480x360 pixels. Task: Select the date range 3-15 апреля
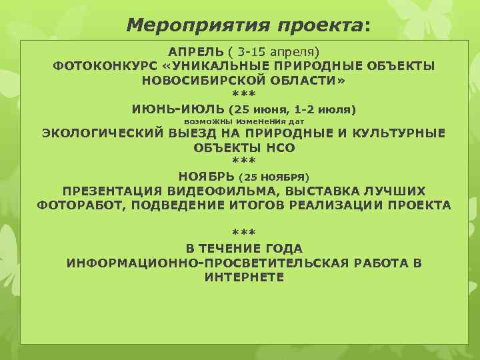click(x=275, y=51)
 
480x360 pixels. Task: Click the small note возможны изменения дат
click(x=243, y=122)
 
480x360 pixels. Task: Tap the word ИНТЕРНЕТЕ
click(x=244, y=277)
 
